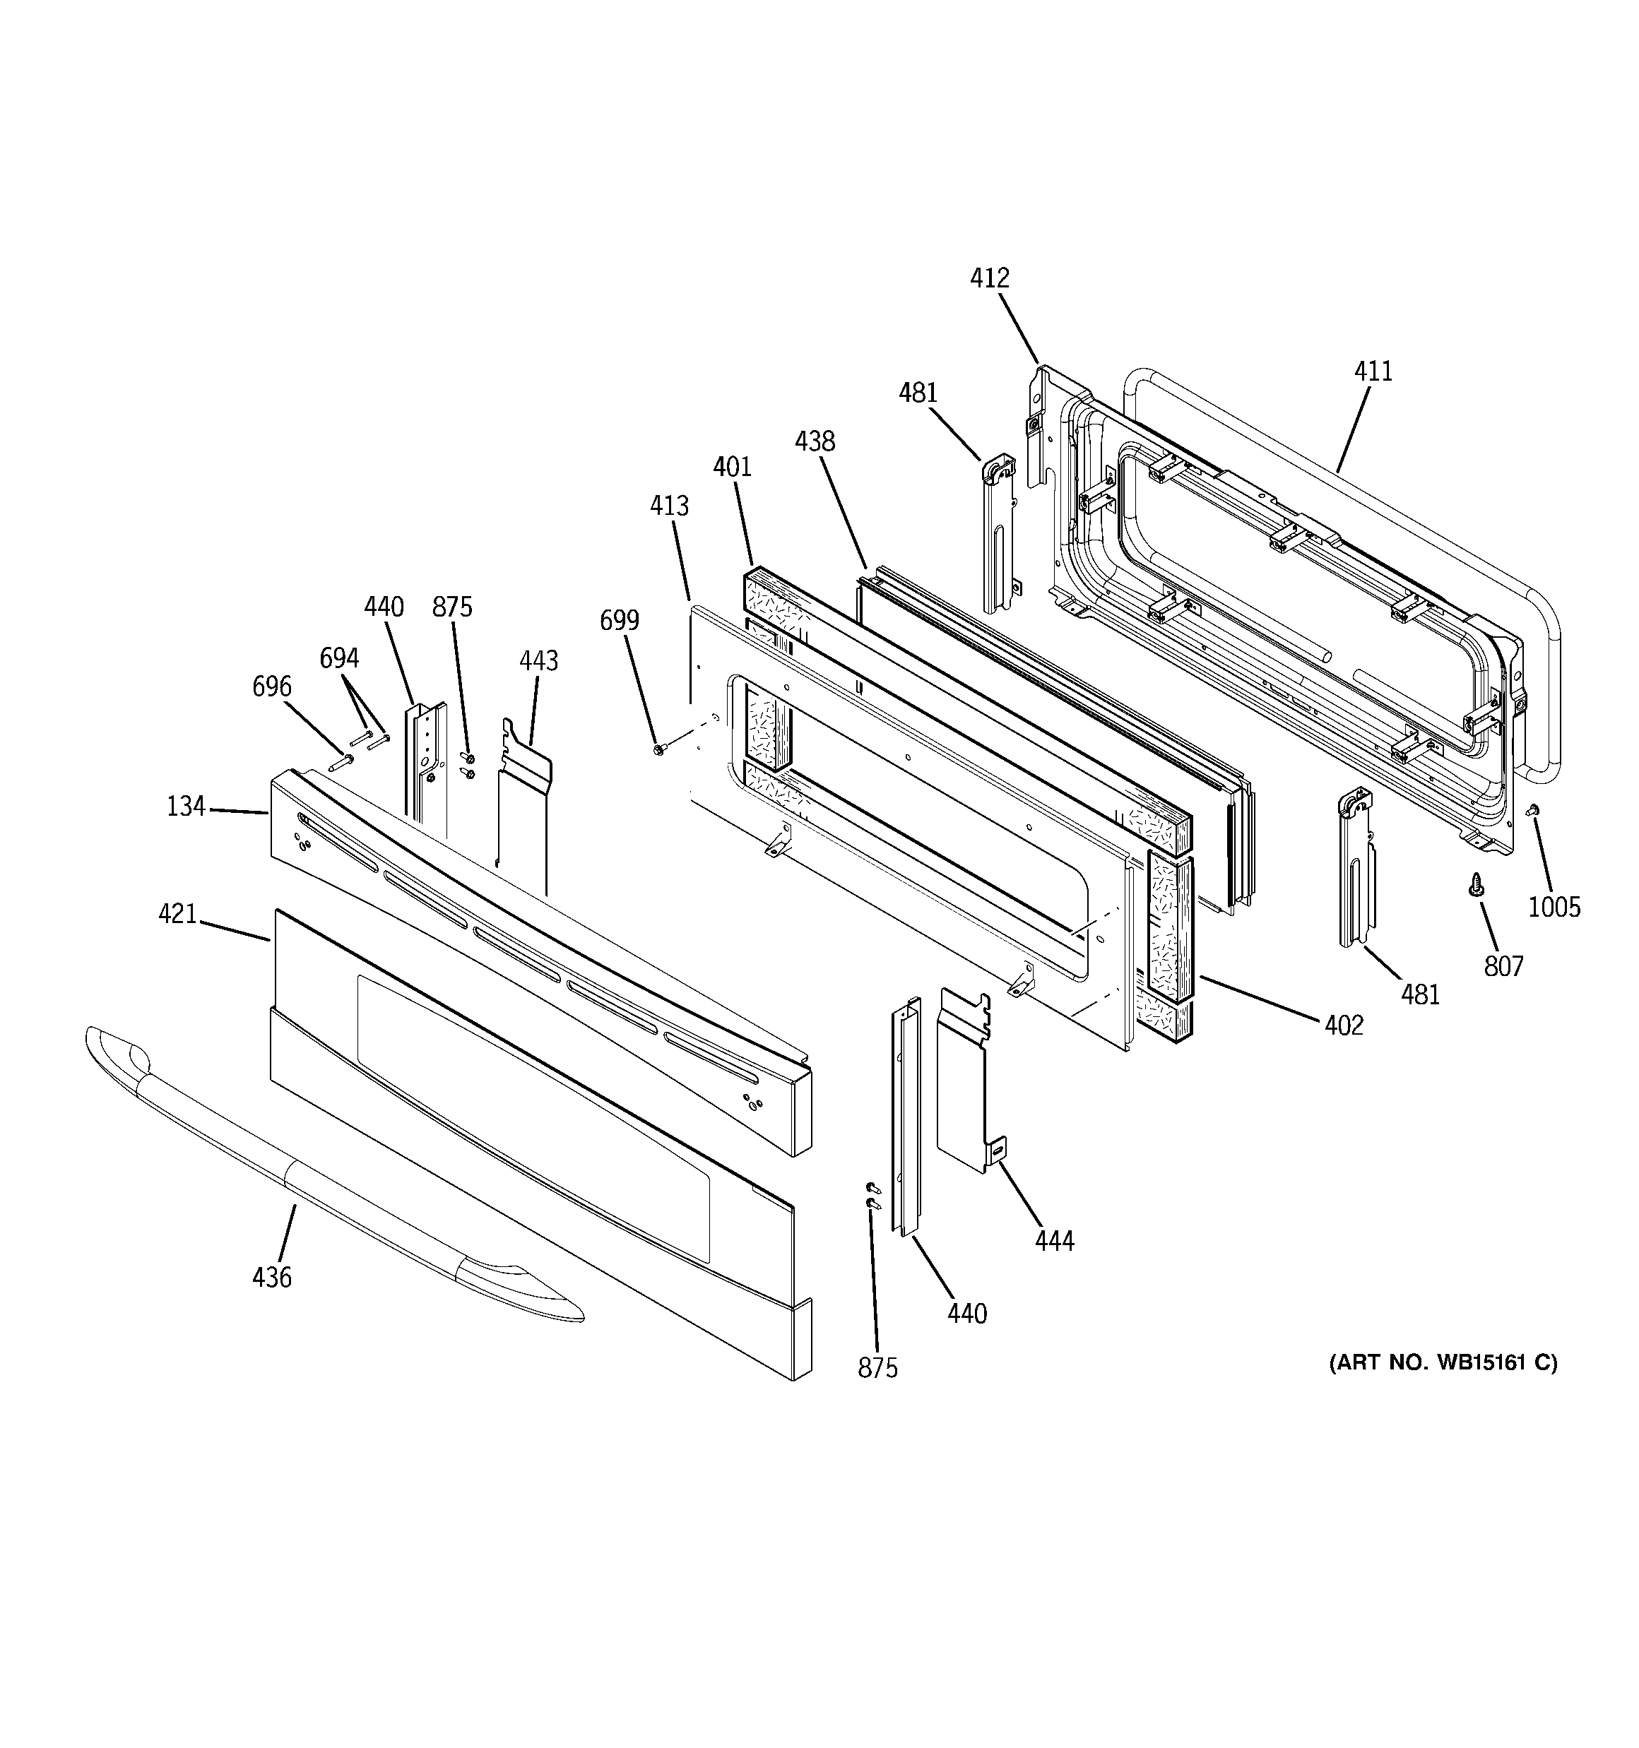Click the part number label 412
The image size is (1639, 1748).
click(989, 279)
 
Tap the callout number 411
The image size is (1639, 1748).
click(1373, 372)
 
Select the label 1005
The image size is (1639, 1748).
click(1554, 907)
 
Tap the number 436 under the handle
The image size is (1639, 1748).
click(271, 1277)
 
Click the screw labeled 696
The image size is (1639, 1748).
click(340, 762)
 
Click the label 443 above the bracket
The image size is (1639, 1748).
click(538, 660)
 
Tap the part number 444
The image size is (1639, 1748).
click(1054, 1241)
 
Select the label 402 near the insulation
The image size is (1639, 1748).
click(1344, 1025)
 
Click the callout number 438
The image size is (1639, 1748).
click(814, 441)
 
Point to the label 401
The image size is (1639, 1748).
click(732, 467)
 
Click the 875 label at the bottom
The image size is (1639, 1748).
click(877, 1367)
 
